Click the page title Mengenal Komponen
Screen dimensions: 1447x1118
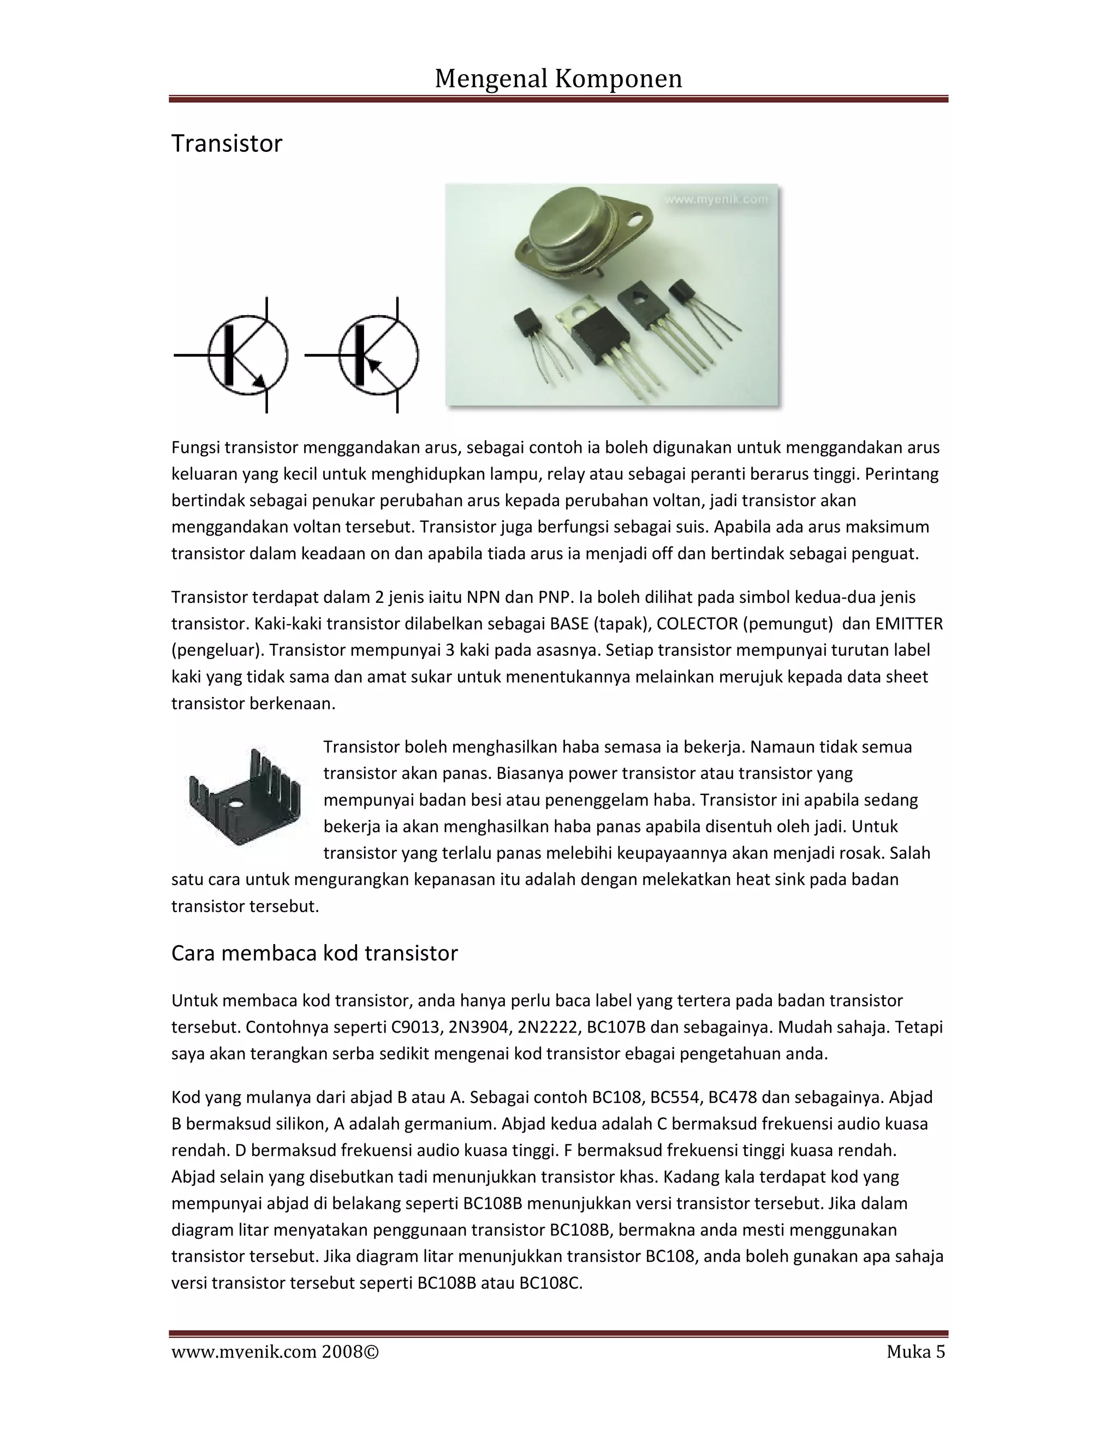[x=558, y=79]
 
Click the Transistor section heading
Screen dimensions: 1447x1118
[x=227, y=144]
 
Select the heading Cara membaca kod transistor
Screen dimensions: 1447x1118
[x=314, y=953]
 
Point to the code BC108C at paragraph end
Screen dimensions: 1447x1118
[x=550, y=1283]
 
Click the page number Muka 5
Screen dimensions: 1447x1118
[x=915, y=1352]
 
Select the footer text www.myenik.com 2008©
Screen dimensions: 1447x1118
[x=275, y=1352]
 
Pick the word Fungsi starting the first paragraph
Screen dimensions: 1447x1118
[x=195, y=448]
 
